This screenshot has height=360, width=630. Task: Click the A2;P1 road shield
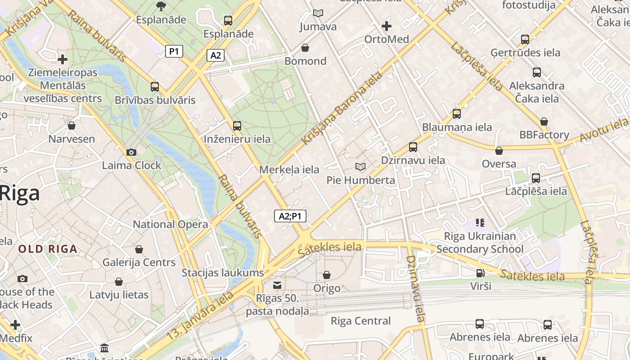(290, 216)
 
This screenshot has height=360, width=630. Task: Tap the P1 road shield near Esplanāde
(174, 51)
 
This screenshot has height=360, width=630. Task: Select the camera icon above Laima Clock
(131, 153)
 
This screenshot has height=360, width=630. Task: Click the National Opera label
(170, 224)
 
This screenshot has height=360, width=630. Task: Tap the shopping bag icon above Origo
(327, 274)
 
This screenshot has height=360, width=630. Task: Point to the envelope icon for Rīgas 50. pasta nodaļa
(277, 285)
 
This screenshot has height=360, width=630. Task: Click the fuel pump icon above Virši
(481, 273)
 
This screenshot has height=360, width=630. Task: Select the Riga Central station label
(360, 321)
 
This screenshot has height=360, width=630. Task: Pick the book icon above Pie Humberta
(360, 167)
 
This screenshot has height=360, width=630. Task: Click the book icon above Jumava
(318, 13)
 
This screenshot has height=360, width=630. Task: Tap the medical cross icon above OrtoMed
(386, 26)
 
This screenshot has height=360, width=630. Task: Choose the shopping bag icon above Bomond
(305, 48)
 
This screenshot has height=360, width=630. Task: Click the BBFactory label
(544, 135)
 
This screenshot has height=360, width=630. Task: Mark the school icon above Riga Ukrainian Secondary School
(480, 222)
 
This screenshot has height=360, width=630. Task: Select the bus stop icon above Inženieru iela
(237, 126)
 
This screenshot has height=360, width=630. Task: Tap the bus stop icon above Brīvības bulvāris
(155, 86)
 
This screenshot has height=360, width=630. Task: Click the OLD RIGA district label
(48, 249)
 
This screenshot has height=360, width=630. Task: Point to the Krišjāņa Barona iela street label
(342, 108)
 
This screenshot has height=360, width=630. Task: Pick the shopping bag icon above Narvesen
(72, 126)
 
